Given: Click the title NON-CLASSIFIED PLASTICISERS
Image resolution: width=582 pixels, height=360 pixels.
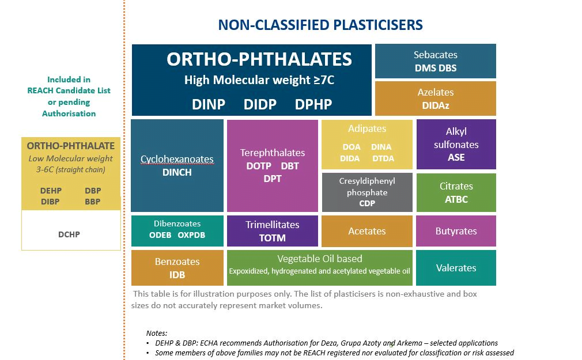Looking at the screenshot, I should (320, 25).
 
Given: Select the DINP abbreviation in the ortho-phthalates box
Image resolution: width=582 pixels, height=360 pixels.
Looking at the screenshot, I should (209, 104).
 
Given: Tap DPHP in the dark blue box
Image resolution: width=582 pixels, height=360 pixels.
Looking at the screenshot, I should (313, 104).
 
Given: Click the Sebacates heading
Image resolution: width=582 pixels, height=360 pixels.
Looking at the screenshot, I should (435, 55).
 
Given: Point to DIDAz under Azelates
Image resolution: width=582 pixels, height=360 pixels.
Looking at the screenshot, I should (435, 105).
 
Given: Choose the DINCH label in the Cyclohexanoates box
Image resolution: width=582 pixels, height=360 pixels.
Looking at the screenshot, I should (177, 172).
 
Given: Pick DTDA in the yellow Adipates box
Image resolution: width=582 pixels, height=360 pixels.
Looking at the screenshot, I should (383, 158).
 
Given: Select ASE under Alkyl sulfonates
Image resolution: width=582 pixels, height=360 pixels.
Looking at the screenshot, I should (456, 157).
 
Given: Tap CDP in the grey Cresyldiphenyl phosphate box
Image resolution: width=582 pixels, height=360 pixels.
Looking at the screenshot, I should (367, 203).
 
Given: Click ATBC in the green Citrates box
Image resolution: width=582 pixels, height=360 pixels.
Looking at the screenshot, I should (456, 199).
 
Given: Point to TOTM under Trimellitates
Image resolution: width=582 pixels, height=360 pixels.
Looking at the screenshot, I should (272, 237).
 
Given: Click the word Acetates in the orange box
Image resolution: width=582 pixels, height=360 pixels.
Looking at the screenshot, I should (367, 231).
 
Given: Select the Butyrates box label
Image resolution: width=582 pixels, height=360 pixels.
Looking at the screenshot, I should (456, 231).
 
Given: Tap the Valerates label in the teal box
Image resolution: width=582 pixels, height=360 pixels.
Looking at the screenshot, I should (456, 268).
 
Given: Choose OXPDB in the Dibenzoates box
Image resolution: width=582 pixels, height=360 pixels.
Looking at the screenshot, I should (191, 235).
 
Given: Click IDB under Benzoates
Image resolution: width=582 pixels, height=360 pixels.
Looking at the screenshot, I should (177, 275).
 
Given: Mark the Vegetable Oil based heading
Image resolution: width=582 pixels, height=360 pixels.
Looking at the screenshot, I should (319, 259).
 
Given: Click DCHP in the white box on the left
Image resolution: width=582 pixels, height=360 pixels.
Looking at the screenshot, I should (69, 234).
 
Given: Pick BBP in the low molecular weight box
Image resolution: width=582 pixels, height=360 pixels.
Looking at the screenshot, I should (92, 202).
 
